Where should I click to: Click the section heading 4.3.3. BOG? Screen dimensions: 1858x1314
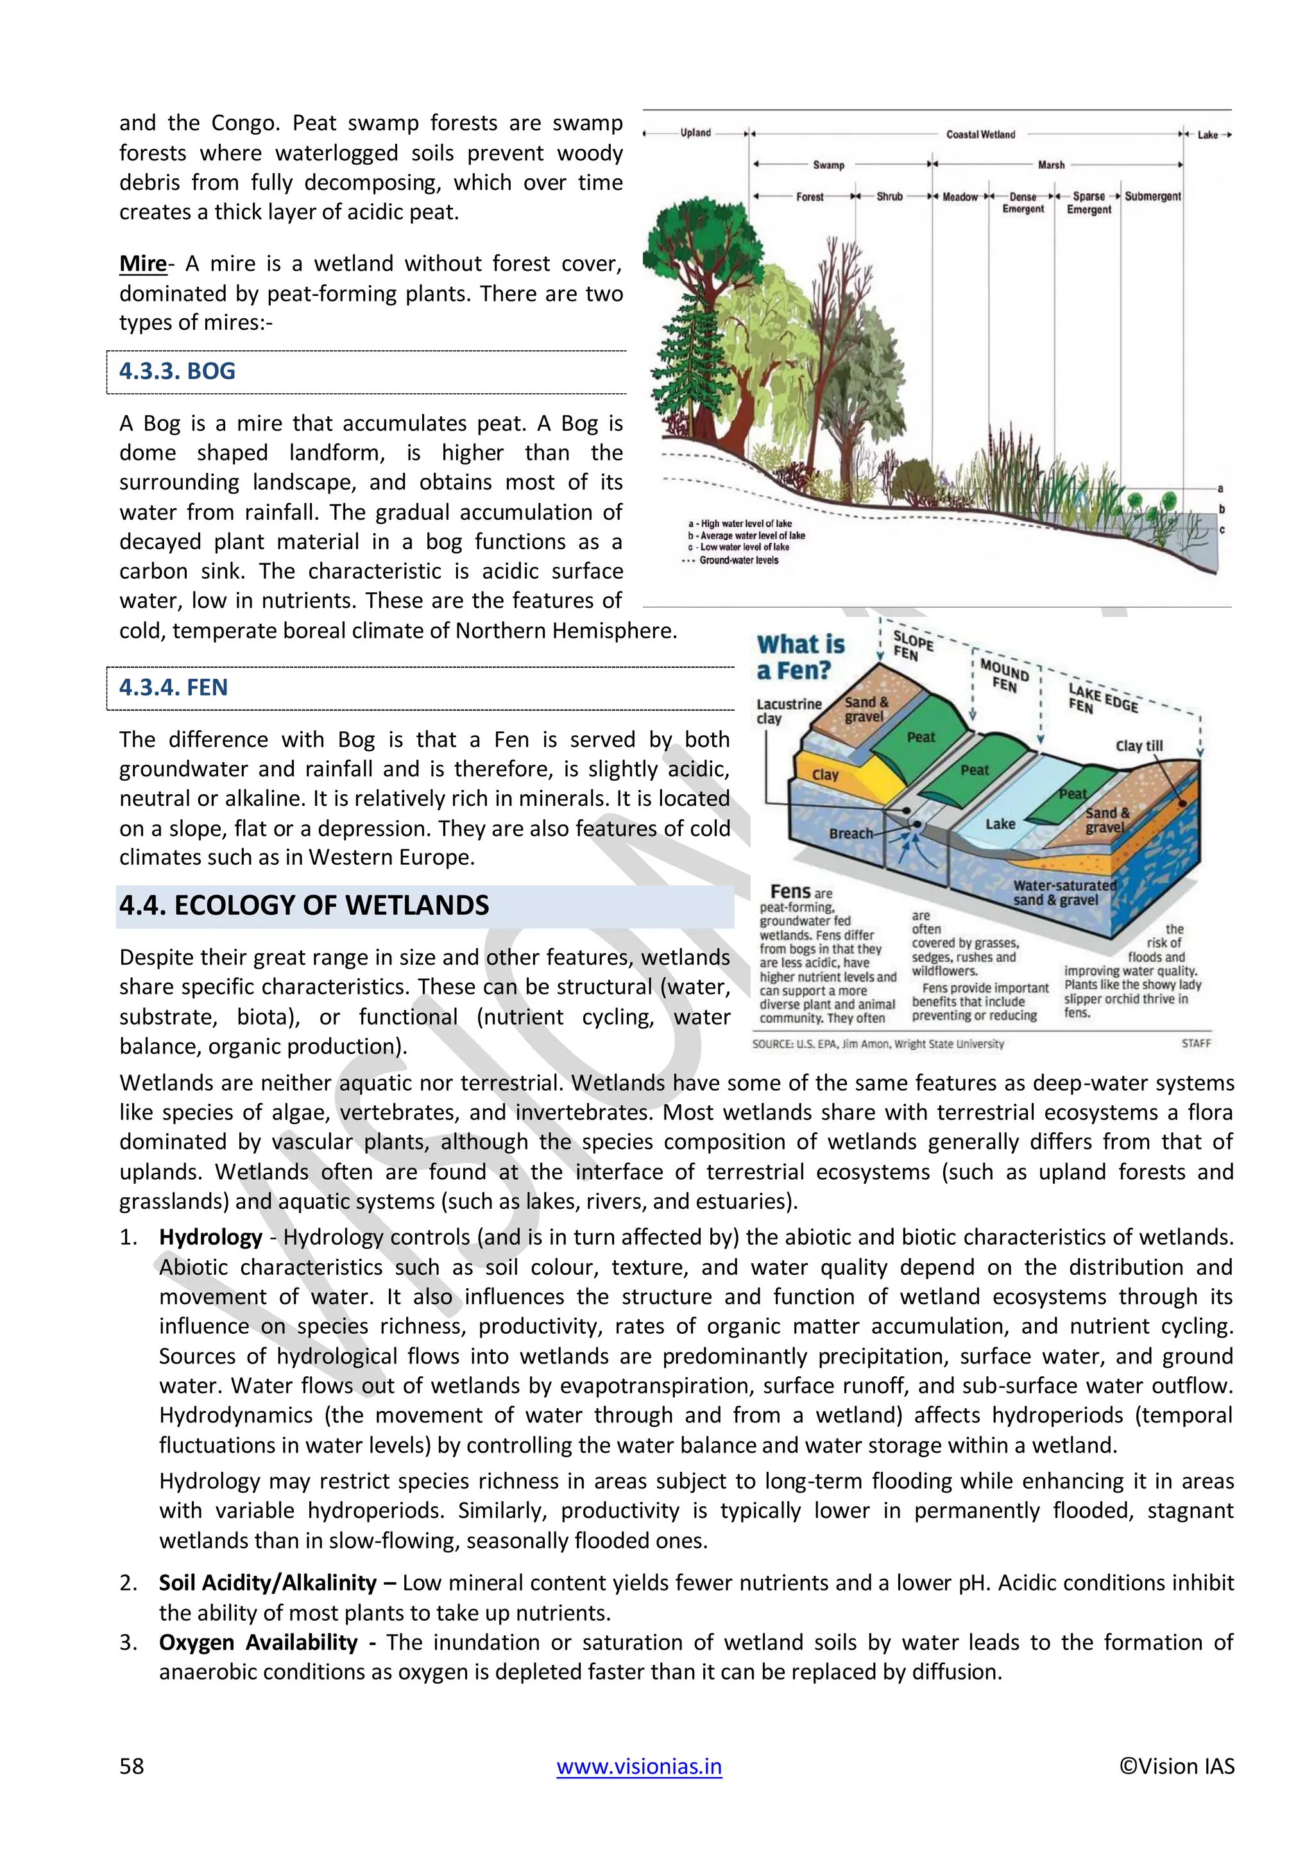[x=177, y=371]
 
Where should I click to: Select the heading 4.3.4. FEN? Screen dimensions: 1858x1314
[x=173, y=688]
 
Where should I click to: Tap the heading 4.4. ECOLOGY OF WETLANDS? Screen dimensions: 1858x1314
[x=304, y=905]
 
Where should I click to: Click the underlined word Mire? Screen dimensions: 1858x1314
[x=142, y=264]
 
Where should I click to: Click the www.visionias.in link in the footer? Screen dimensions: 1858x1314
[x=638, y=1766]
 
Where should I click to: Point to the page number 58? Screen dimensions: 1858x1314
[x=132, y=1766]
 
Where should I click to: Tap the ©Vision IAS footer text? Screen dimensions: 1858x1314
[x=1177, y=1766]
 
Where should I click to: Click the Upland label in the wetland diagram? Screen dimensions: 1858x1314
[x=695, y=133]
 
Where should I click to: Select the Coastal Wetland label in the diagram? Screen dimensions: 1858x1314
[x=980, y=134]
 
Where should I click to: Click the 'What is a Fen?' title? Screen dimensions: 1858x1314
[x=799, y=657]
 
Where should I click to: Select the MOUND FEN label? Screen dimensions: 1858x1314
[x=1004, y=676]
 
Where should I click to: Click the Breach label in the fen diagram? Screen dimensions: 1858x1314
[x=850, y=833]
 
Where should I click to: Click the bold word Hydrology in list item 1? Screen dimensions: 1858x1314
[x=210, y=1238]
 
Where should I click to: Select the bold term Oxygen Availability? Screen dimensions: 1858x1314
[x=258, y=1642]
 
